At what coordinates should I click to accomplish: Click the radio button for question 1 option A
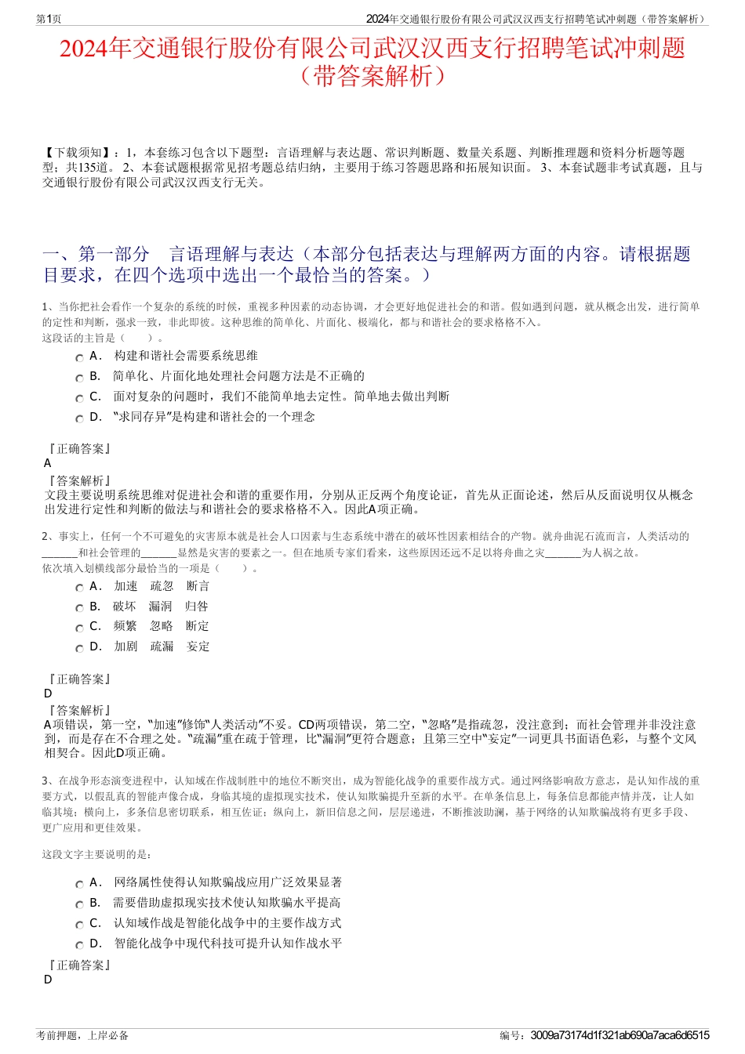[79, 358]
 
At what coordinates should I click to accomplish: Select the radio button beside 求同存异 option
[79, 419]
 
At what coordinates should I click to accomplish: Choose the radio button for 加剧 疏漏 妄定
[79, 649]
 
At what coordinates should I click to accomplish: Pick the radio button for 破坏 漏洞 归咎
[79, 608]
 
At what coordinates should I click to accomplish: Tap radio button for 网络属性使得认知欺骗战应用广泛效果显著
[79, 885]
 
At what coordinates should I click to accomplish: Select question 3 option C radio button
[79, 925]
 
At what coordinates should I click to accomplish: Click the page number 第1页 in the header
[49, 19]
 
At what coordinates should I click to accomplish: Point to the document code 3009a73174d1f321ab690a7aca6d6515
[620, 1035]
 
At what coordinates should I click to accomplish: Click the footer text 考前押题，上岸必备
[82, 1035]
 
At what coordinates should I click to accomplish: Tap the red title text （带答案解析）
[372, 76]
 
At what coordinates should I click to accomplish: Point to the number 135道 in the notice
[100, 168]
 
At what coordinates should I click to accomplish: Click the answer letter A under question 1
[48, 463]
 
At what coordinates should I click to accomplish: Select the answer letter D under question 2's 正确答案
[48, 694]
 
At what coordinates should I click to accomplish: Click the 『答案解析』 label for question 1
[78, 480]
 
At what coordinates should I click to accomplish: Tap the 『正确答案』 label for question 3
[78, 965]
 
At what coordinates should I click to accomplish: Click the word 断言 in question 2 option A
[198, 586]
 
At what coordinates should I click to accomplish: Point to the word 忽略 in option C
[162, 626]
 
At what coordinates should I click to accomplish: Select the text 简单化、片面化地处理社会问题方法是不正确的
[238, 376]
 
